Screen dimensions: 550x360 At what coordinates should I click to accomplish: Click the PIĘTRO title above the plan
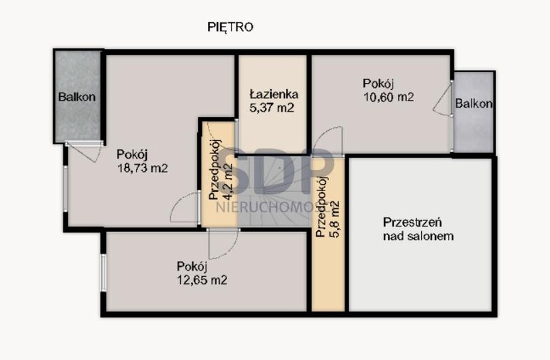[230, 27]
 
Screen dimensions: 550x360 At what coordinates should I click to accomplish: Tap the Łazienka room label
[274, 94]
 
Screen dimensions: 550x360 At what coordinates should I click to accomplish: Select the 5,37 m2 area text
[272, 107]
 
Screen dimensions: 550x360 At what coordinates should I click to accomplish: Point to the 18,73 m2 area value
[142, 168]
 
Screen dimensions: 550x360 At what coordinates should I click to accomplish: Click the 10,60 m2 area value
[388, 97]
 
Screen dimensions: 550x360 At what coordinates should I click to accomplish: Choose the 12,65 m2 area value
[202, 280]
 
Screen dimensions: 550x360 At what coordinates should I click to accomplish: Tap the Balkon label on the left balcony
[77, 97]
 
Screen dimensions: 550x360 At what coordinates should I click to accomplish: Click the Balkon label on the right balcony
[474, 104]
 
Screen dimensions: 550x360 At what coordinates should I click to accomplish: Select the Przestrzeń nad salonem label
[418, 229]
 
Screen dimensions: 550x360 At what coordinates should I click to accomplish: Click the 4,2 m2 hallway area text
[228, 182]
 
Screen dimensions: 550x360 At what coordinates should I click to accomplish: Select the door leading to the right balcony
[443, 99]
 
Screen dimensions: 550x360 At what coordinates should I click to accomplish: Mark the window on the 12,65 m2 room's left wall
[104, 272]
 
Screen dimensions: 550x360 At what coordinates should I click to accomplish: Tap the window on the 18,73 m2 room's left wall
[66, 189]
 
